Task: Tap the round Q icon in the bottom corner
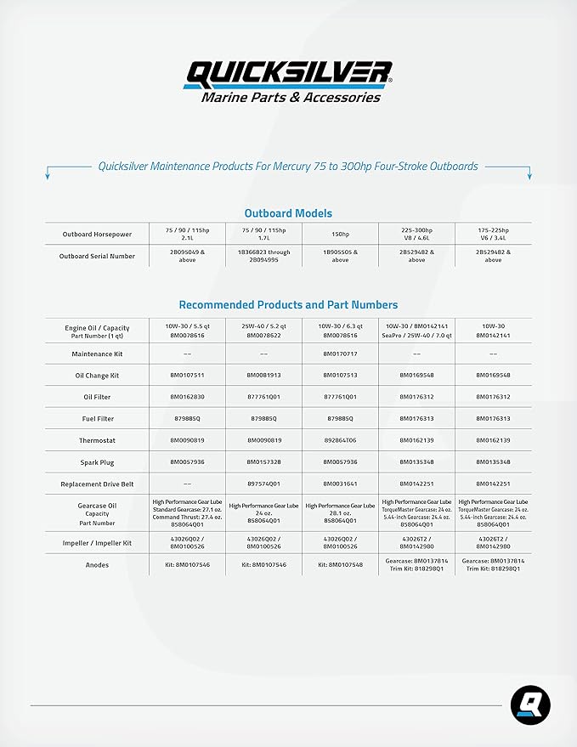[x=530, y=705]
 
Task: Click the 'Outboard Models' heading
[x=288, y=213]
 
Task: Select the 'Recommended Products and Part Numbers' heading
[x=288, y=304]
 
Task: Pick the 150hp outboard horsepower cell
[x=340, y=234]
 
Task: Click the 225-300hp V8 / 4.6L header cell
[x=416, y=234]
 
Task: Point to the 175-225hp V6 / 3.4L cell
[x=493, y=234]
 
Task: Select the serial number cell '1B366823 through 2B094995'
[x=263, y=256]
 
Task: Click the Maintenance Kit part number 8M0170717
[x=340, y=354]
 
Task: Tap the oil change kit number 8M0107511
[x=187, y=375]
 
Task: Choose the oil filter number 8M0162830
[x=187, y=397]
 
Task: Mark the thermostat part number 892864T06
[x=340, y=440]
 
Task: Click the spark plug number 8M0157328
[x=263, y=462]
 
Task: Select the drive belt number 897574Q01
[x=263, y=484]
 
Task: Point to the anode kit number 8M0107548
[x=340, y=564]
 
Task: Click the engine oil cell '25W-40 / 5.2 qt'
[x=263, y=326]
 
